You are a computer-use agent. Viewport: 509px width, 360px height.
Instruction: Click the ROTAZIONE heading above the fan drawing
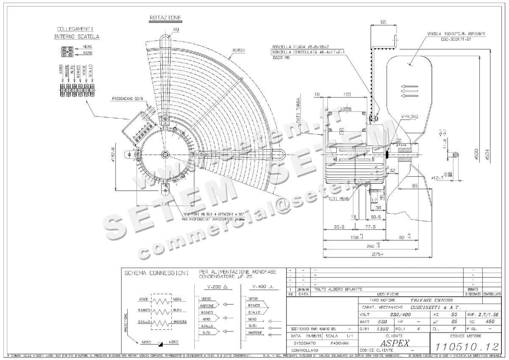(x=165, y=18)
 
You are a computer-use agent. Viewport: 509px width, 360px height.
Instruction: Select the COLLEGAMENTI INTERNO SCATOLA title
(x=76, y=33)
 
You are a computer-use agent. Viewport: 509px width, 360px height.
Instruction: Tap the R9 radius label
(x=176, y=29)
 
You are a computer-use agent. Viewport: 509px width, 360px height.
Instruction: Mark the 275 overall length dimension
(x=375, y=254)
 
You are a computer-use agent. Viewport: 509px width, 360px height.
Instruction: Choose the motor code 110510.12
(x=467, y=346)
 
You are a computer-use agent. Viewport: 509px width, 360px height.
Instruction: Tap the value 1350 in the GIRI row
(x=383, y=329)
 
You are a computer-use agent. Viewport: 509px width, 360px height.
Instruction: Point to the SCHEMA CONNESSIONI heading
(x=156, y=273)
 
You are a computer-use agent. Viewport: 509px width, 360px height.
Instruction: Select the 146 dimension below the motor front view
(x=164, y=204)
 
